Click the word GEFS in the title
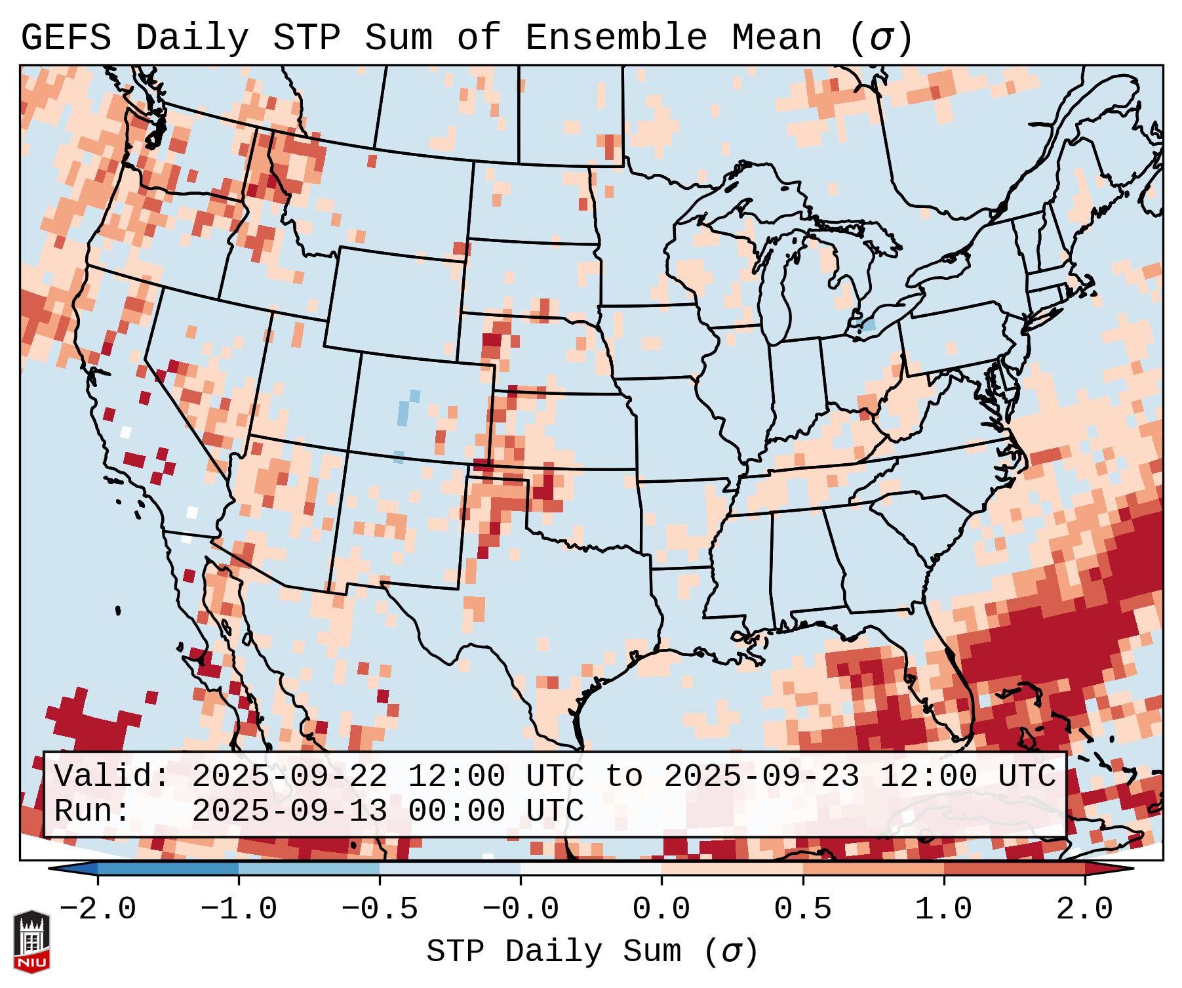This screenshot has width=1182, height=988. [x=66, y=38]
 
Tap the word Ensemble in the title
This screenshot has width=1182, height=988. [x=616, y=38]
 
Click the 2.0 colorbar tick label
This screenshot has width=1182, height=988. [x=1084, y=909]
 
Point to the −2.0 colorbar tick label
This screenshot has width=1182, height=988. [x=98, y=909]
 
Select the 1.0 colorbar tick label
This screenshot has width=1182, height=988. [x=943, y=909]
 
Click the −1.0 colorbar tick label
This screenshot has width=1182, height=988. [x=239, y=909]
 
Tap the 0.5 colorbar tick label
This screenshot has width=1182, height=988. [x=802, y=909]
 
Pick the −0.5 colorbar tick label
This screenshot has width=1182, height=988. [x=380, y=909]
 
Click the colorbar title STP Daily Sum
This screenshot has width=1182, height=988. [x=554, y=951]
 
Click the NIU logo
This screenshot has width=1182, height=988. [x=31, y=941]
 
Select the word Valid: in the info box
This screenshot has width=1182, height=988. [x=112, y=777]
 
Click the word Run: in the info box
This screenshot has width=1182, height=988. [x=92, y=811]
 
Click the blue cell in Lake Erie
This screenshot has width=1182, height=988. [x=869, y=324]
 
